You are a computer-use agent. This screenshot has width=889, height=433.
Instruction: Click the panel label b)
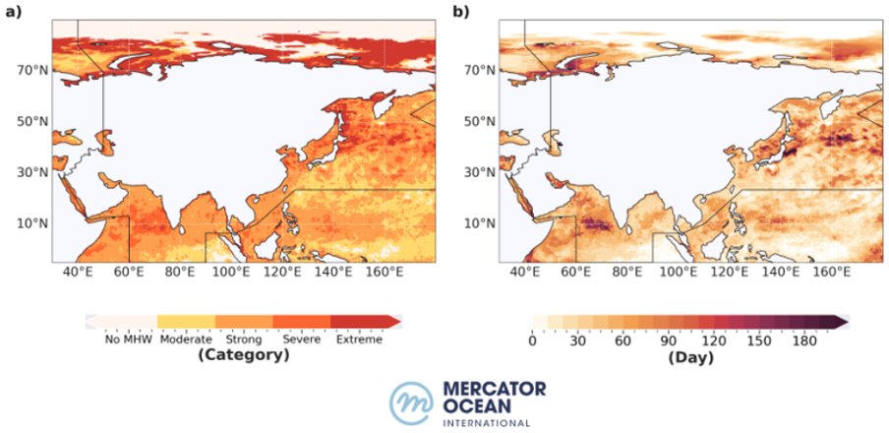tap(461, 12)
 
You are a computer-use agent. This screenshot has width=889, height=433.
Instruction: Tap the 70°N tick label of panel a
tap(35, 71)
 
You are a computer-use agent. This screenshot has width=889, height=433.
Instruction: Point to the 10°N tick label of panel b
tap(482, 223)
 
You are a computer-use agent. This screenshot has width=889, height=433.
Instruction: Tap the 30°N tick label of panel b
tap(482, 172)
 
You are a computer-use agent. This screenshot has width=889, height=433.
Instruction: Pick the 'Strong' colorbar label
tap(243, 340)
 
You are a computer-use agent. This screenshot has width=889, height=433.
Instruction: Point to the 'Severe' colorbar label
tap(302, 340)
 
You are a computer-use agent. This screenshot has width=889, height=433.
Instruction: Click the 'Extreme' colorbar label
tap(359, 340)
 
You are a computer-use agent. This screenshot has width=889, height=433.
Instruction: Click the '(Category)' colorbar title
tap(243, 355)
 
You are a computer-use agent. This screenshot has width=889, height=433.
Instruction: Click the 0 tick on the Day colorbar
tap(532, 340)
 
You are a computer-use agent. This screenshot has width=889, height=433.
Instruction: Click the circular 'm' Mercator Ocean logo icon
tap(412, 402)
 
